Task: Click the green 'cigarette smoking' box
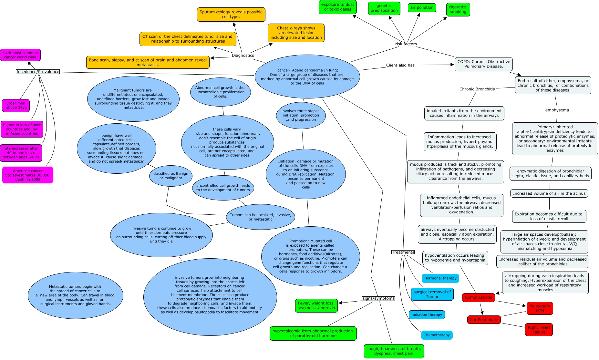tap(458, 9)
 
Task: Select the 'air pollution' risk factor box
tap(422, 8)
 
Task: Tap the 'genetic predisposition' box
tap(384, 8)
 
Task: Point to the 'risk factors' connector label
tap(406, 44)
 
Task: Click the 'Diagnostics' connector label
tap(243, 56)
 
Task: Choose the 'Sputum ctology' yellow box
tap(231, 15)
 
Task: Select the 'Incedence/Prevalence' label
tap(38, 72)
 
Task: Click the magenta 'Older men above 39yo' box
tap(16, 106)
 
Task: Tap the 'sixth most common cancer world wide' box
tap(20, 55)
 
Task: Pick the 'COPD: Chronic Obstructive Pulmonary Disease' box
tap(483, 64)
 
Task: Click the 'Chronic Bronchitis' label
tap(477, 89)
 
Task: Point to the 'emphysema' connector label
tap(557, 110)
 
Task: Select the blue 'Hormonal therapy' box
tap(440, 278)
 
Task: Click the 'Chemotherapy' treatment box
tap(437, 335)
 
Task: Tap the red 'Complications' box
tap(478, 297)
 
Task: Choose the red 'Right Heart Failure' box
tap(539, 330)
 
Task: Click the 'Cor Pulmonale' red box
tap(484, 320)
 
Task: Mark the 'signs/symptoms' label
tap(378, 298)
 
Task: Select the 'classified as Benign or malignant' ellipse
tap(171, 176)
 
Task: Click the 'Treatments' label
tap(403, 252)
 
